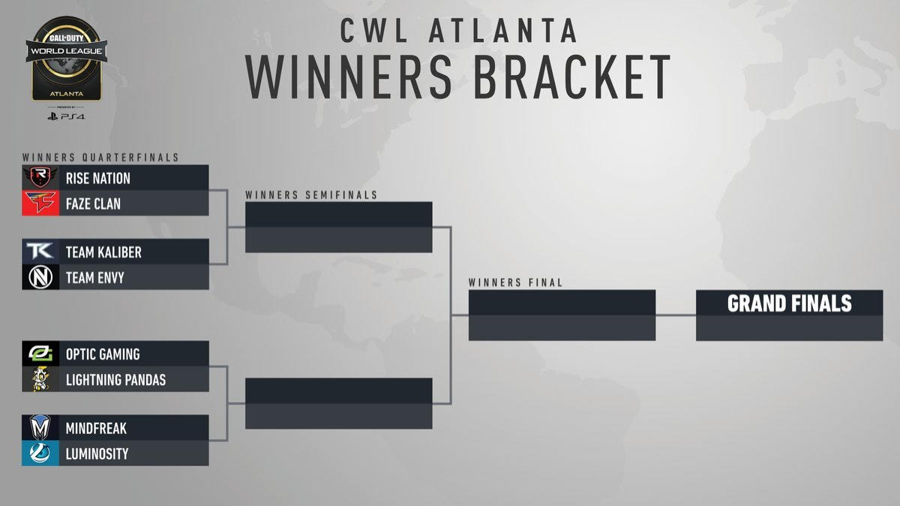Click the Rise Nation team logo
pyautogui.click(x=40, y=178)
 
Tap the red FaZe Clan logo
pyautogui.click(x=40, y=203)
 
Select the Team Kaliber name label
pyautogui.click(x=103, y=252)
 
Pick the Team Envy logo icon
pyautogui.click(x=40, y=278)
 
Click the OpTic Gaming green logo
pyautogui.click(x=40, y=354)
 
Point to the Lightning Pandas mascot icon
pyautogui.click(x=40, y=380)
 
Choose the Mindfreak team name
pyautogui.click(x=96, y=429)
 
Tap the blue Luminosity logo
pyautogui.click(x=40, y=454)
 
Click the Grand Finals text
pyautogui.click(x=789, y=303)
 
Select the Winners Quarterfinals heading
pyautogui.click(x=100, y=158)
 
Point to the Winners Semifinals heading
pyautogui.click(x=311, y=195)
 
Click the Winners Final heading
pyautogui.click(x=515, y=283)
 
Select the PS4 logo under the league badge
pyautogui.click(x=66, y=116)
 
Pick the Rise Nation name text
pyautogui.click(x=97, y=178)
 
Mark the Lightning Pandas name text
pyautogui.click(x=115, y=380)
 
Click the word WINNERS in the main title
pyautogui.click(x=349, y=76)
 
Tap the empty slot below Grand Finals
pyautogui.click(x=789, y=328)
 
